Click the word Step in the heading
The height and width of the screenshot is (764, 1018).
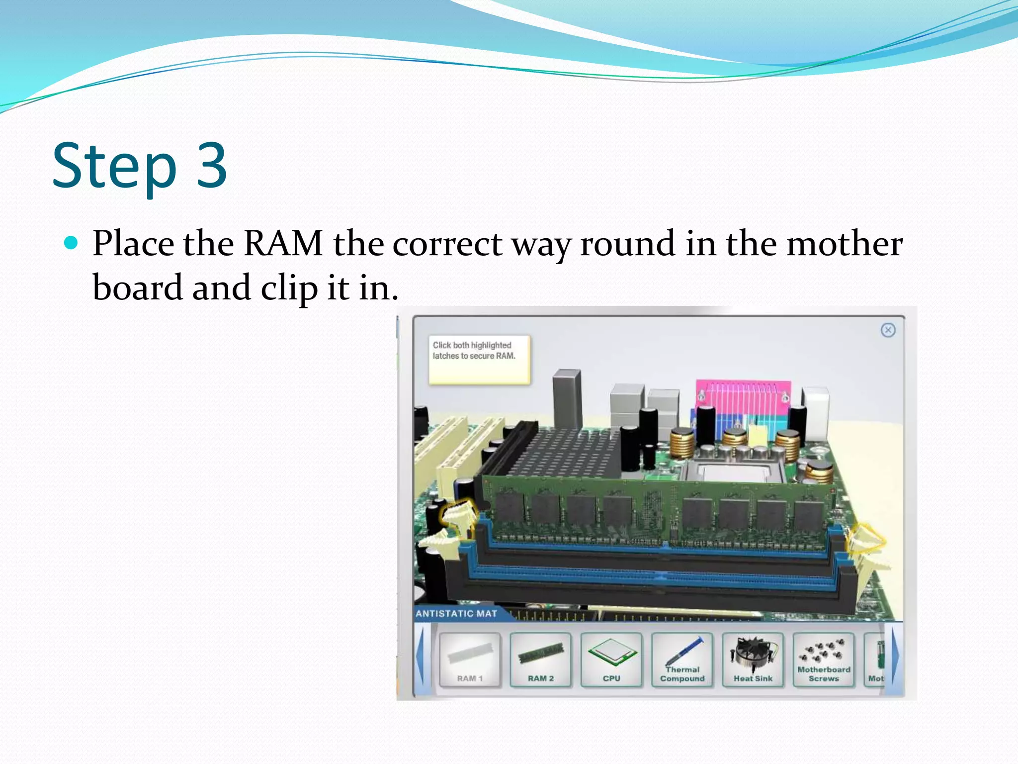tap(114, 167)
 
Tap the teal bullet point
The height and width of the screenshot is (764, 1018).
tap(72, 243)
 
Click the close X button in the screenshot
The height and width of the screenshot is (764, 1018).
tap(888, 330)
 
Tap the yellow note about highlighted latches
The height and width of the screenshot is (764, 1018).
tap(479, 359)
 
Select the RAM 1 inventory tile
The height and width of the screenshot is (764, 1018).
tap(470, 660)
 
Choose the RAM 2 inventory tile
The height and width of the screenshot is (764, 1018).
tap(540, 660)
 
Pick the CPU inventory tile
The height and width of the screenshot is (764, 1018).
tap(611, 660)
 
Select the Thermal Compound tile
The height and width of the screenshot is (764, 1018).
tap(682, 660)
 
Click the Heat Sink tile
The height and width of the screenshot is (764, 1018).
tap(753, 660)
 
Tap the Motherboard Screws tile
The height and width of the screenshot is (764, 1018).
tap(824, 660)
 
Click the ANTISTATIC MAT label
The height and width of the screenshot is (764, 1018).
tap(456, 614)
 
